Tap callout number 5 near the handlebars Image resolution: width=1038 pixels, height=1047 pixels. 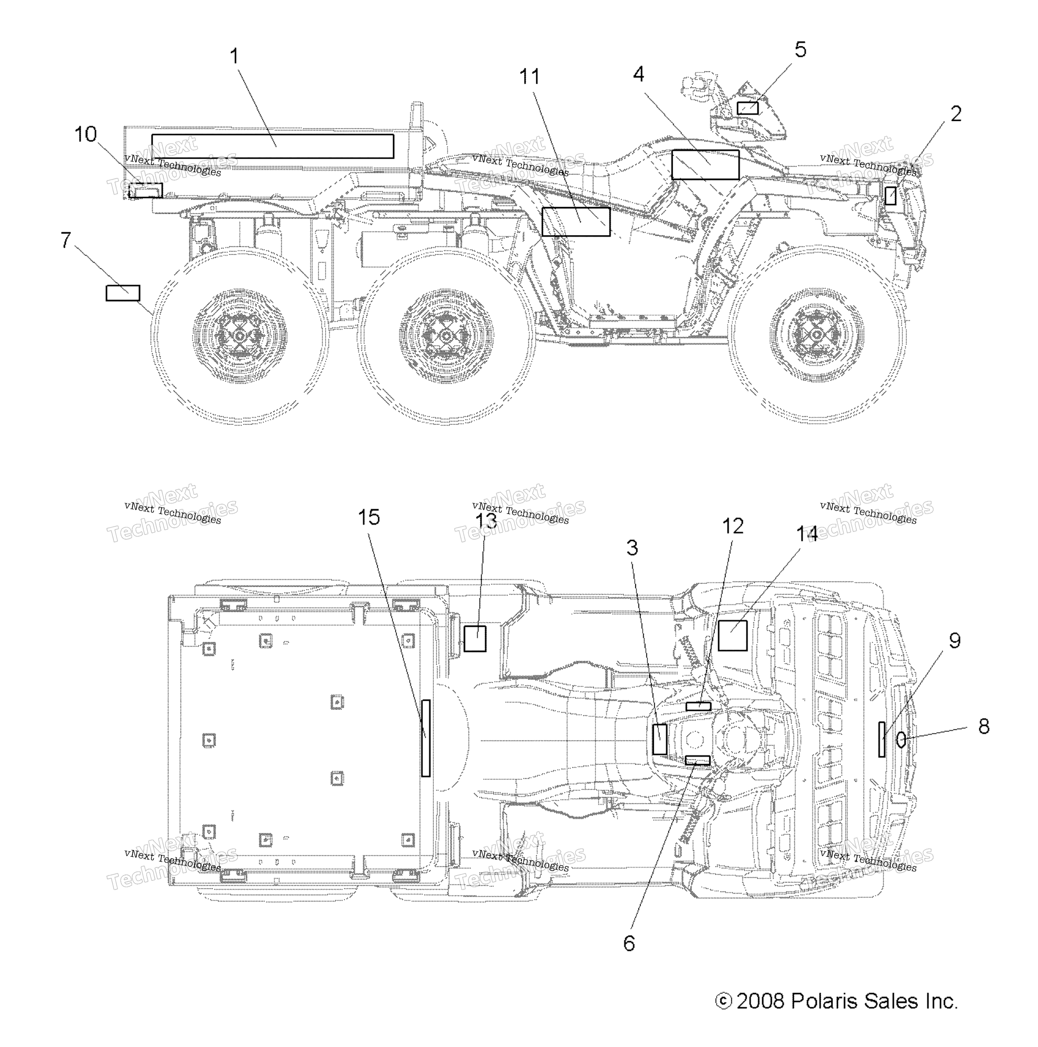[800, 49]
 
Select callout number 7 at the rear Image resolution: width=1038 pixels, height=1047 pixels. [66, 240]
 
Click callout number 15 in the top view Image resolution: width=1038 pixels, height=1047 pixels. [369, 517]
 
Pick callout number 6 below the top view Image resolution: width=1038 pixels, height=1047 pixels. [629, 943]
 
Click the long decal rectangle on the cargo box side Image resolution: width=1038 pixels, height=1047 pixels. [273, 146]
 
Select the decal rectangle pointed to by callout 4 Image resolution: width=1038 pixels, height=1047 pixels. [705, 165]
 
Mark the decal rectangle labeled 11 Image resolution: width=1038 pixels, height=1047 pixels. [576, 222]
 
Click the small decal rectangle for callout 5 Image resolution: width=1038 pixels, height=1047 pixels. [747, 108]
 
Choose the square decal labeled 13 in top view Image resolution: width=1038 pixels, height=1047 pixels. [475, 638]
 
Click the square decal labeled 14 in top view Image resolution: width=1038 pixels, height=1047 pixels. [733, 636]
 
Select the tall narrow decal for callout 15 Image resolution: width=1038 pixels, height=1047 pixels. [426, 738]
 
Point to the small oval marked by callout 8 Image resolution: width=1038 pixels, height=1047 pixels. [900, 740]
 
